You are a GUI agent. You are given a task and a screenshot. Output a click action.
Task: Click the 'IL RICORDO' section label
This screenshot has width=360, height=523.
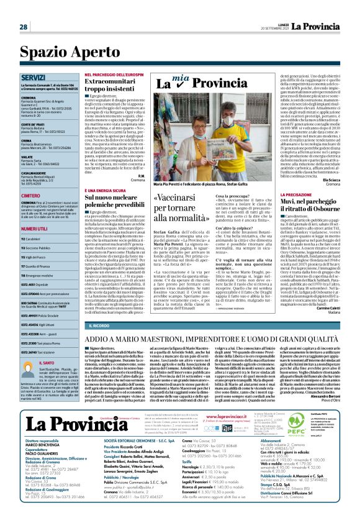pos(101,325)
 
